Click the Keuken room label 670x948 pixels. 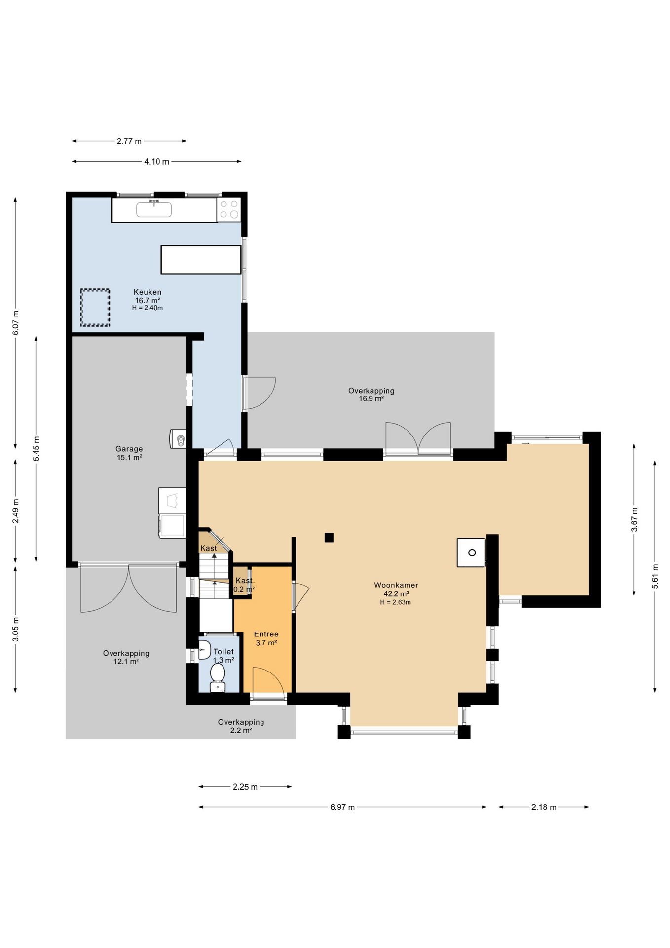pos(148,292)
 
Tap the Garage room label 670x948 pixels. pos(129,449)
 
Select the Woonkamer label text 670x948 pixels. pos(396,585)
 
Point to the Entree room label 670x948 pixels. pos(266,634)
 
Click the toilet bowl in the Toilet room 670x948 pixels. pos(218,677)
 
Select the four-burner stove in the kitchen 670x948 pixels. pos(229,209)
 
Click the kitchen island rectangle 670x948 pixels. pos(201,260)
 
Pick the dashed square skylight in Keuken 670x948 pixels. pos(95,308)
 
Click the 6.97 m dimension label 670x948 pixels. pos(342,807)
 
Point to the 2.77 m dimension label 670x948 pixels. pos(129,141)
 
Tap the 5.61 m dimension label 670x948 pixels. pos(655,576)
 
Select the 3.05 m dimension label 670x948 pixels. pos(16,630)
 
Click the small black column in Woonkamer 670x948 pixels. pos(329,538)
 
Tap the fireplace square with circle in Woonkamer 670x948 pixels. pos(471,553)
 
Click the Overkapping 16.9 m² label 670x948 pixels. pos(372,395)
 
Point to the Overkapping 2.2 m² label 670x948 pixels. pos(241,726)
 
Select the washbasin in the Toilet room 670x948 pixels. pos(204,650)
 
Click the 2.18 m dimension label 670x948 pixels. pos(544,807)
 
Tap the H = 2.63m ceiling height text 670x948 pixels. pos(396,602)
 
